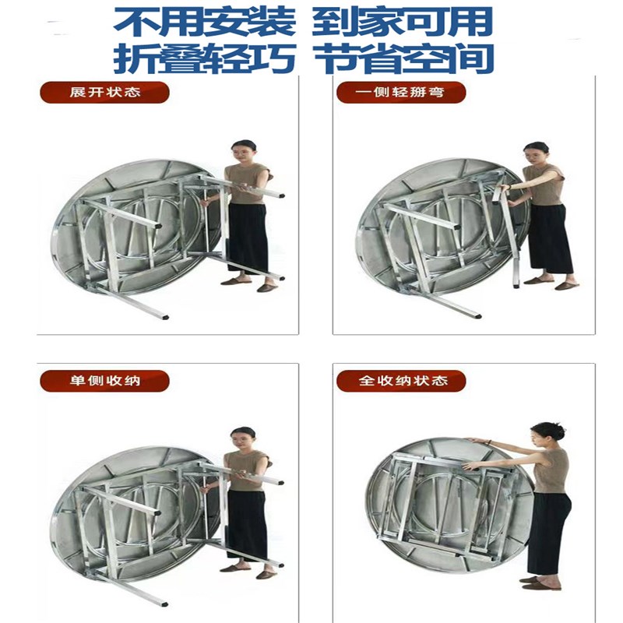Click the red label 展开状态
[104, 93]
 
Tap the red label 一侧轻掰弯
[401, 93]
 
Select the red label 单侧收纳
[104, 381]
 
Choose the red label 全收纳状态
[401, 381]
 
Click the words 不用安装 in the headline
[205, 21]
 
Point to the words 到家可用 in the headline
[403, 21]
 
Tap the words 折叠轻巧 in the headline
[205, 58]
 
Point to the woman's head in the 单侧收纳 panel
[243, 437]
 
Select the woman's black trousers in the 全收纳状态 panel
[548, 530]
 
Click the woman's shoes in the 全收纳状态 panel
[540, 583]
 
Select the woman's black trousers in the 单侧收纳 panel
[248, 526]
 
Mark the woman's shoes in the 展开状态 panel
[249, 283]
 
